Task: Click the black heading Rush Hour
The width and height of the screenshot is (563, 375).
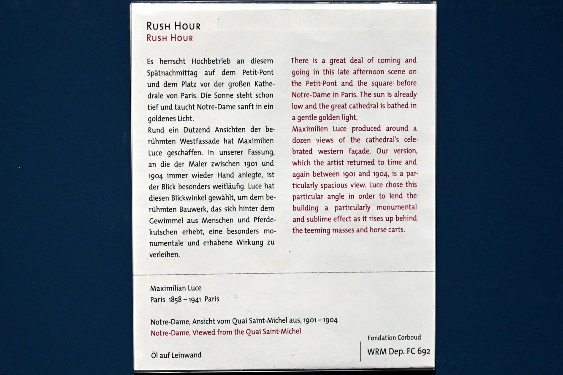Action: click(x=173, y=26)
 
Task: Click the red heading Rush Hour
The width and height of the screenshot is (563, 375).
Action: click(x=170, y=38)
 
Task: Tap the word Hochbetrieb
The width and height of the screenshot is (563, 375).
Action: click(x=203, y=61)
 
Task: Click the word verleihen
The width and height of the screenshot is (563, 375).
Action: click(x=165, y=254)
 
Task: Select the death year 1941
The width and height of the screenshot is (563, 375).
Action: click(x=192, y=299)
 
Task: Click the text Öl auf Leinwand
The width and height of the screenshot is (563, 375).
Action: click(x=176, y=355)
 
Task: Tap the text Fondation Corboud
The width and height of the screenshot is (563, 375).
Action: click(x=394, y=337)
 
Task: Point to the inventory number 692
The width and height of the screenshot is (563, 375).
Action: click(x=423, y=351)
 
